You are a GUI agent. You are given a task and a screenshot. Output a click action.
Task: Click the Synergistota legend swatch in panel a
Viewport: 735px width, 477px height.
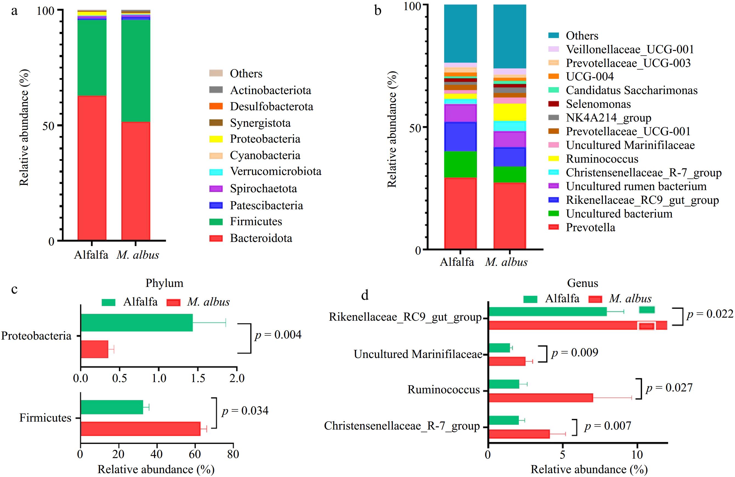216,123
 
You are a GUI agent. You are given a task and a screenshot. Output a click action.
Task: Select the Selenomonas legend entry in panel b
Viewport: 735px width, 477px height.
598,104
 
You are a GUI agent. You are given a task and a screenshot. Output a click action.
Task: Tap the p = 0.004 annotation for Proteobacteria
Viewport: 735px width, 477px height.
278,334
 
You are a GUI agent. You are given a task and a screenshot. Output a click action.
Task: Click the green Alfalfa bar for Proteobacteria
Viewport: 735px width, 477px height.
136,323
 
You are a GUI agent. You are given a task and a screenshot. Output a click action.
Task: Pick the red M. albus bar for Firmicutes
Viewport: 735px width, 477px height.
141,428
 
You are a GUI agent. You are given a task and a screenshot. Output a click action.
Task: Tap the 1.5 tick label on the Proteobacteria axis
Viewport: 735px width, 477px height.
198,378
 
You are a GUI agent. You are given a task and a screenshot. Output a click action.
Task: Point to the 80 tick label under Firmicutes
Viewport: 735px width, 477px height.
233,454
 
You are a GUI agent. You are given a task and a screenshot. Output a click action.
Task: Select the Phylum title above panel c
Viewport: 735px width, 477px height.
164,283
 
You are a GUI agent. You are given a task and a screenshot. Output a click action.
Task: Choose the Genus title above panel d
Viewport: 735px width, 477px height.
582,283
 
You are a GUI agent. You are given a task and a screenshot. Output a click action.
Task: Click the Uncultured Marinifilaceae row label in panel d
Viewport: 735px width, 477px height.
418,354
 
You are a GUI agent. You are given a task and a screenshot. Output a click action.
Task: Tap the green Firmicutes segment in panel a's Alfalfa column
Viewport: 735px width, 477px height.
92,58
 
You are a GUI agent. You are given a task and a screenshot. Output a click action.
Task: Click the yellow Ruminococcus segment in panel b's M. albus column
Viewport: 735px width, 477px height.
510,112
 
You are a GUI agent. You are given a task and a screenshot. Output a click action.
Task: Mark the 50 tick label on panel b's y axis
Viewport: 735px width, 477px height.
415,128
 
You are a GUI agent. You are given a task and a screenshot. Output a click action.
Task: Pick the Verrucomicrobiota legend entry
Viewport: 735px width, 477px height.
275,171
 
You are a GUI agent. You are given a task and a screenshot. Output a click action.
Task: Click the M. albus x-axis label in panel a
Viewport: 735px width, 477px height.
138,255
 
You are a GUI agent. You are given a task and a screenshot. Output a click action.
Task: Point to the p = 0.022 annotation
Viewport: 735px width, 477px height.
710,314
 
